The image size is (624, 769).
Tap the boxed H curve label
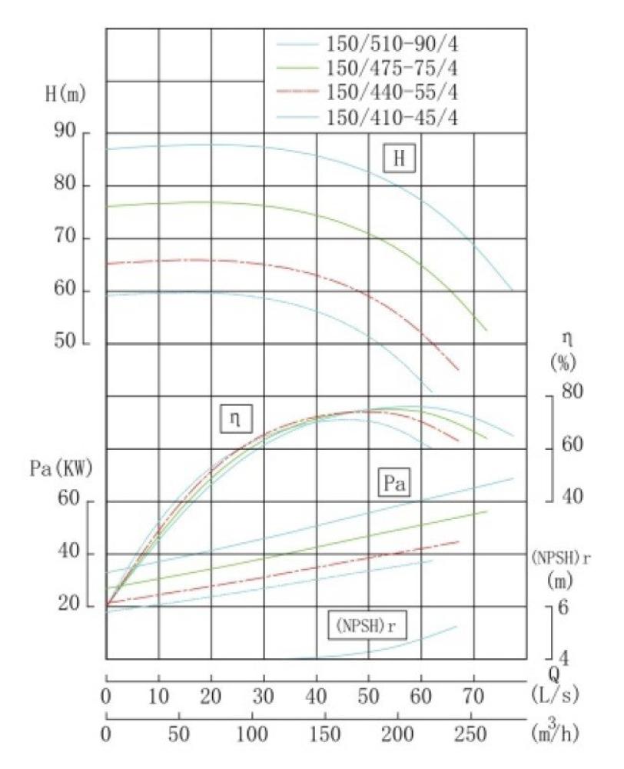(400, 158)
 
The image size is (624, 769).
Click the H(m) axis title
(65, 96)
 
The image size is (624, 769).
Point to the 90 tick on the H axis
(64, 132)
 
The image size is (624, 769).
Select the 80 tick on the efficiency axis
(573, 391)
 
